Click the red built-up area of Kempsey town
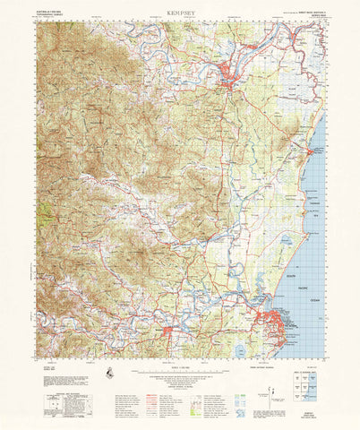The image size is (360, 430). tap(231, 83)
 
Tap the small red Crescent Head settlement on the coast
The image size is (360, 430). tap(312, 151)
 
